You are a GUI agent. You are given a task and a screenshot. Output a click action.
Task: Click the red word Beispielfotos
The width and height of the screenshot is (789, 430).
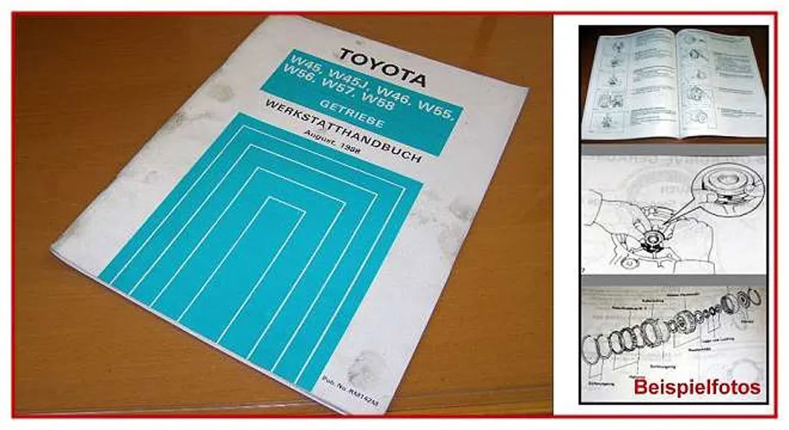tap(697, 388)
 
